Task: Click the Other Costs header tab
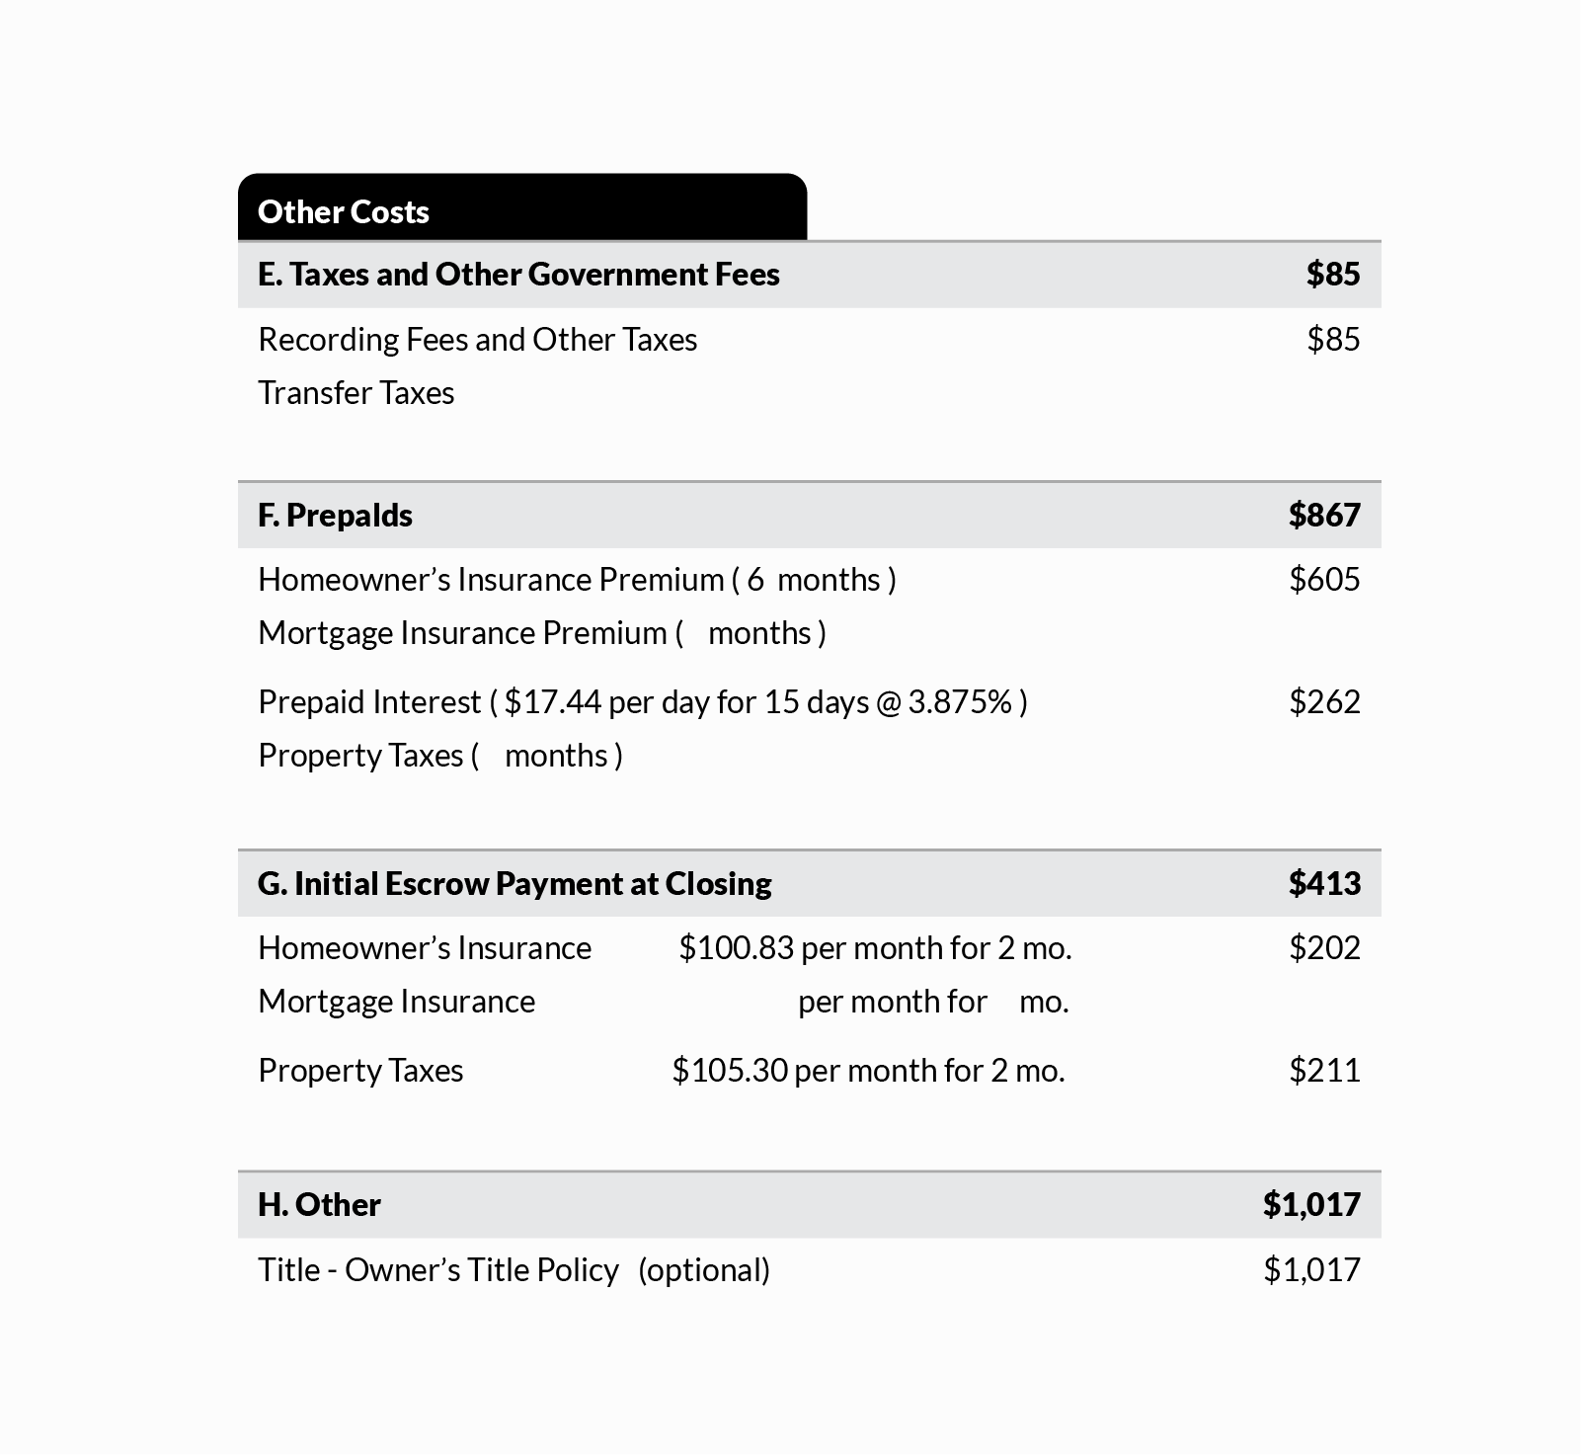(344, 211)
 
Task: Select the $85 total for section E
(1332, 274)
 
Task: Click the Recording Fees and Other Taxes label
(477, 340)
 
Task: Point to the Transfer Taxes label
(356, 393)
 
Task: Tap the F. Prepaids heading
(335, 515)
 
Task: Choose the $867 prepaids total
(1323, 515)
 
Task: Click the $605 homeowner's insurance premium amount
(1323, 579)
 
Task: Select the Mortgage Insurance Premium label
(462, 633)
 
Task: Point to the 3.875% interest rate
(959, 702)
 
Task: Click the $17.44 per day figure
(552, 702)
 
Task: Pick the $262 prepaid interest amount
(1323, 702)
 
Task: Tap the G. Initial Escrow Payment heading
(514, 883)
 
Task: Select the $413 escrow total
(1323, 883)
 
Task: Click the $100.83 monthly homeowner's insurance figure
(736, 948)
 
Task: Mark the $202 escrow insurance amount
(1323, 948)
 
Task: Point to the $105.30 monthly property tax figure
(730, 1071)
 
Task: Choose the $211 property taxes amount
(1323, 1071)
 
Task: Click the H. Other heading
(319, 1204)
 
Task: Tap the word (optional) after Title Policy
(703, 1270)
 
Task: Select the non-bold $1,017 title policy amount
(1310, 1270)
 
